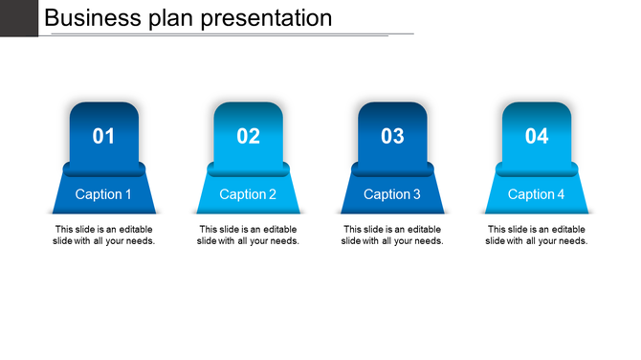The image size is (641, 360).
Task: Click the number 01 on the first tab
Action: (103, 136)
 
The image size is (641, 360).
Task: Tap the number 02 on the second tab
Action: (248, 136)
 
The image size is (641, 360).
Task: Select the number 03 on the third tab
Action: (392, 136)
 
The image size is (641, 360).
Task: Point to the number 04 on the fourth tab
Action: (537, 136)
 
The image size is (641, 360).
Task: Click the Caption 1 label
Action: (103, 194)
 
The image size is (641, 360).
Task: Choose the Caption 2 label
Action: (248, 194)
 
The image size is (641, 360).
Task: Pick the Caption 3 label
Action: (392, 194)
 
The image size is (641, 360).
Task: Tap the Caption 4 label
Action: (537, 194)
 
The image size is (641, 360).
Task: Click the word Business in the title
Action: (91, 17)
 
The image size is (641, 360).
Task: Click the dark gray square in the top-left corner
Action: (18, 17)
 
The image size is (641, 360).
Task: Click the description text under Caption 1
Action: (103, 236)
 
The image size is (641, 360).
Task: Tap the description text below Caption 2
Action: (248, 236)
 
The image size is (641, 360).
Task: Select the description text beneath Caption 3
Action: (392, 236)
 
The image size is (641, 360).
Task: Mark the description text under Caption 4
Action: (537, 236)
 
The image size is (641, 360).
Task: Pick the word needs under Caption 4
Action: (572, 241)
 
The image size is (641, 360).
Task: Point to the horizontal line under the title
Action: (230, 34)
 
